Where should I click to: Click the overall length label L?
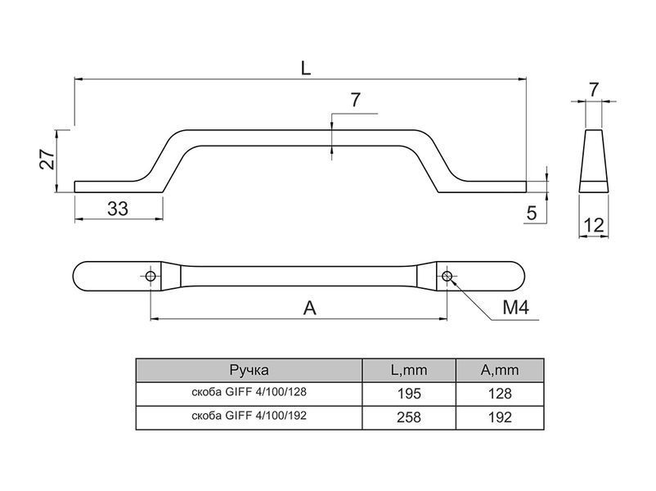pyautogui.click(x=306, y=67)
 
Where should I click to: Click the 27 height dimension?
pyautogui.click(x=47, y=159)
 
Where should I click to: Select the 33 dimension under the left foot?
pyautogui.click(x=118, y=209)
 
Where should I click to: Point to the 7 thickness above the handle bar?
pyautogui.click(x=355, y=100)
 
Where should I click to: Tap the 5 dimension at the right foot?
pyautogui.click(x=532, y=213)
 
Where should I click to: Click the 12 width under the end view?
pyautogui.click(x=593, y=226)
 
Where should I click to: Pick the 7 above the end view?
pyautogui.click(x=593, y=89)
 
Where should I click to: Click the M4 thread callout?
pyautogui.click(x=515, y=308)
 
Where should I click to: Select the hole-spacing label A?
pyautogui.click(x=309, y=309)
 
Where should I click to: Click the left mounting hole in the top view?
pyautogui.click(x=151, y=277)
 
